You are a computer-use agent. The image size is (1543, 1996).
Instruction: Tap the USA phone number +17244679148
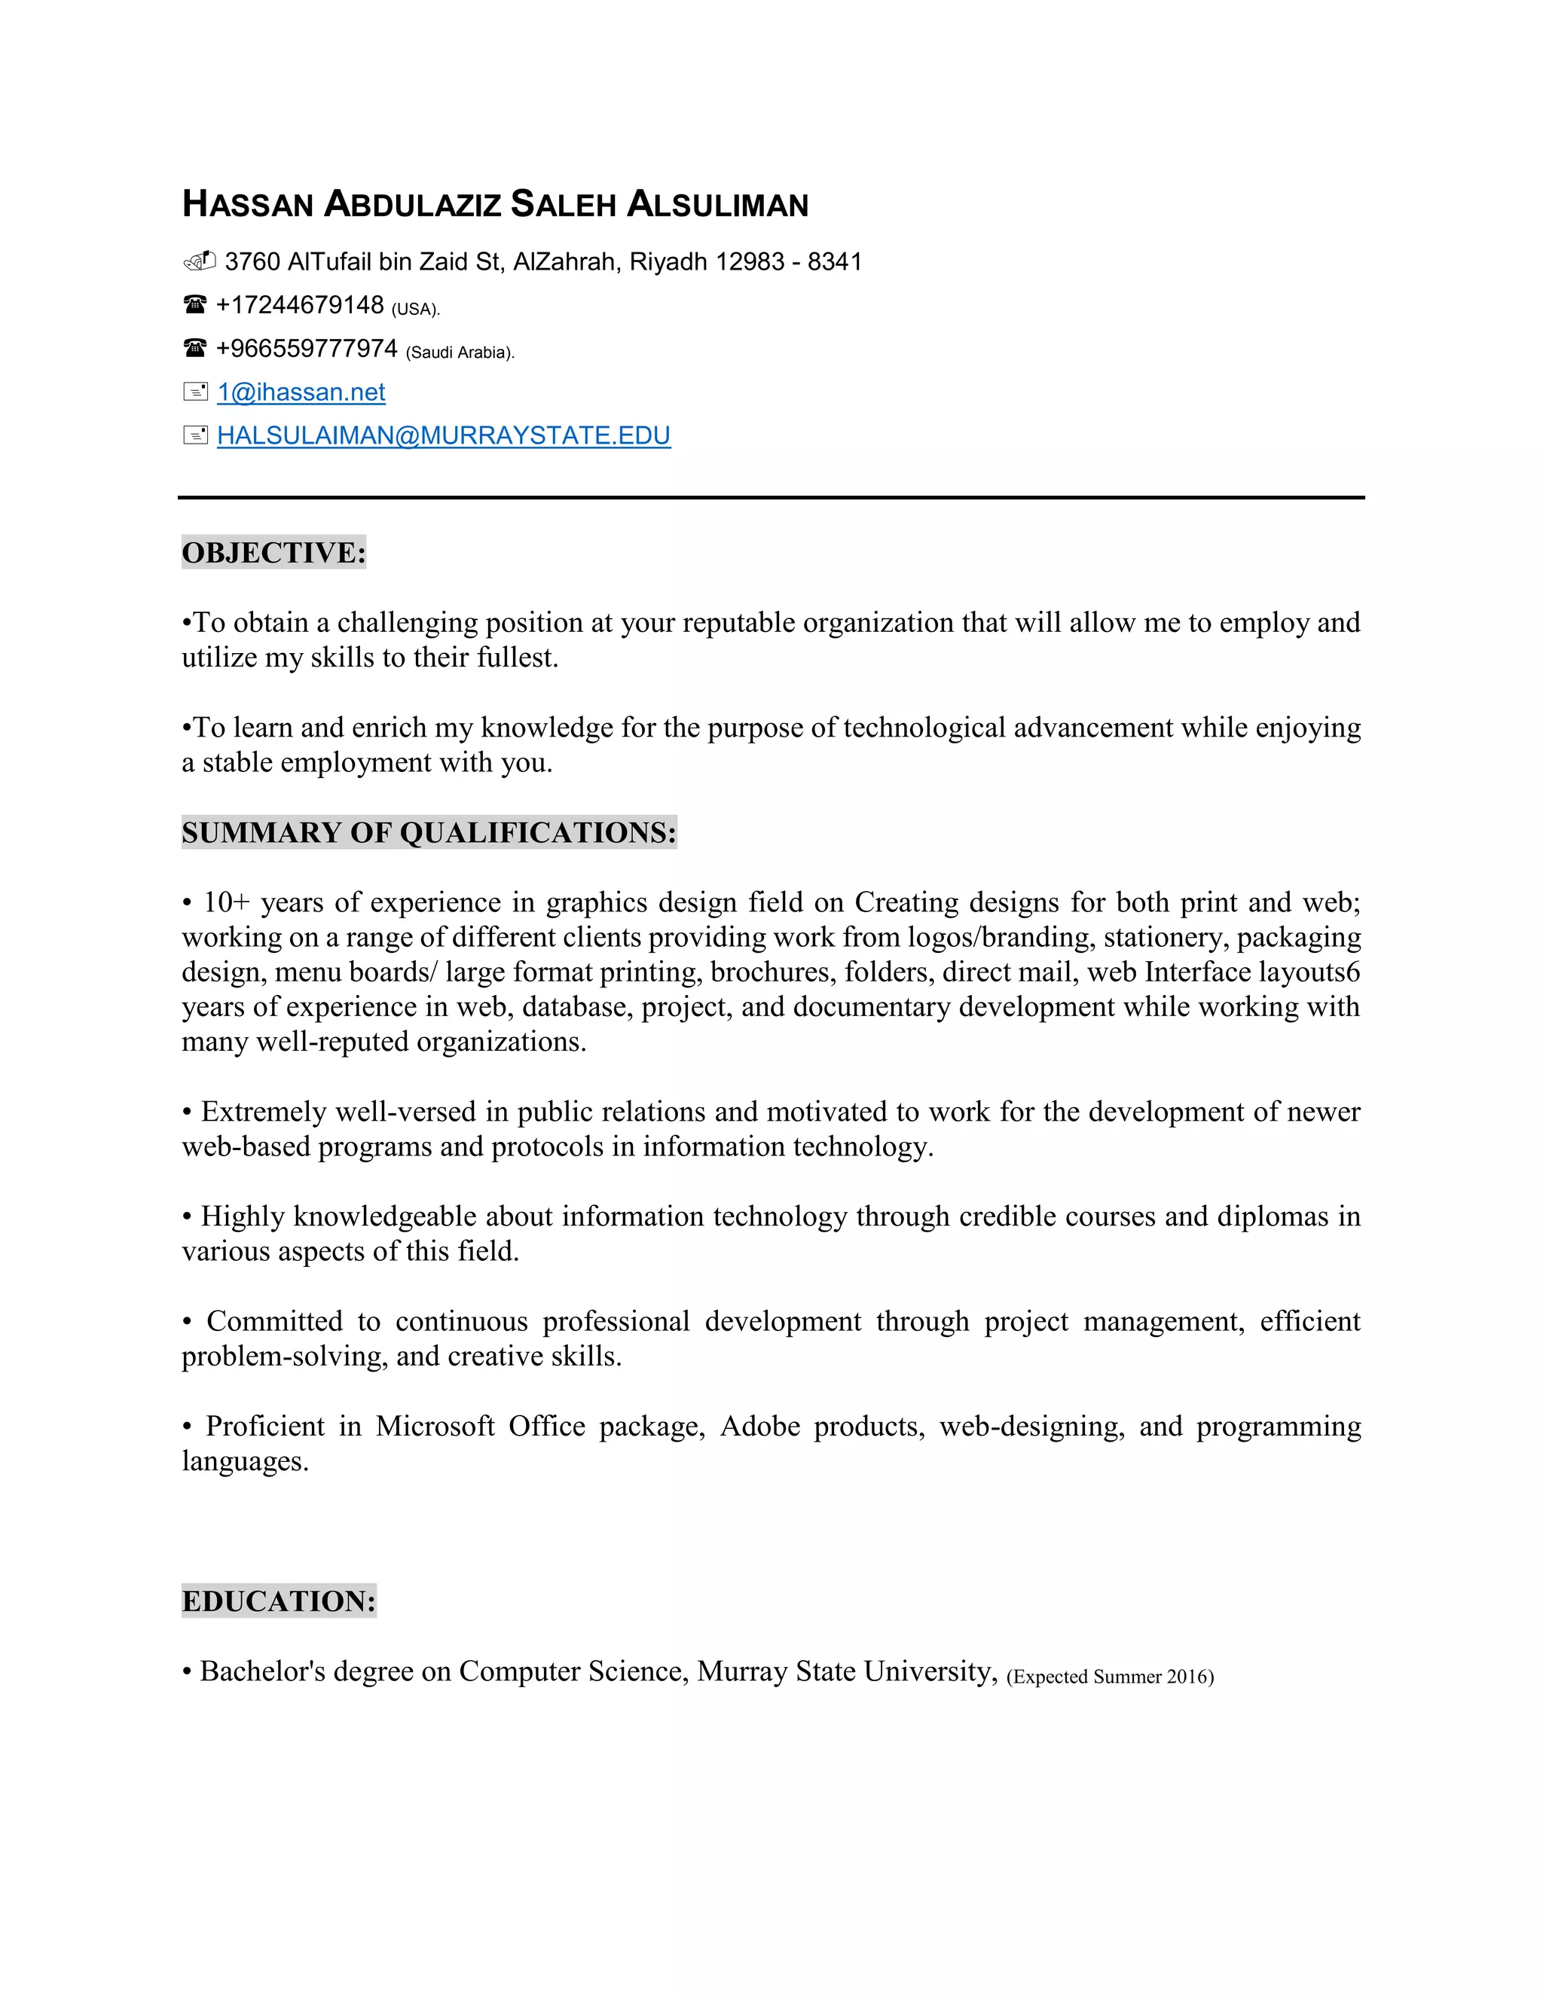[299, 305]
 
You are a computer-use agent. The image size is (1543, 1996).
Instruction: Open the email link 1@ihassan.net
[301, 392]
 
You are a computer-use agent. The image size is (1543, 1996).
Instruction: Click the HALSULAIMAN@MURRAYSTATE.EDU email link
[443, 436]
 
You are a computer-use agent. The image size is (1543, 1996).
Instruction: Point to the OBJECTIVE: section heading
[273, 553]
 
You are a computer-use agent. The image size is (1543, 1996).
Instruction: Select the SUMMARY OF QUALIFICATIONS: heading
[429, 832]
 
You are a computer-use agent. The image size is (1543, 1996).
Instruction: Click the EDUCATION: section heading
[279, 1601]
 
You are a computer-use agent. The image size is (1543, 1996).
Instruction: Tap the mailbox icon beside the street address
[198, 261]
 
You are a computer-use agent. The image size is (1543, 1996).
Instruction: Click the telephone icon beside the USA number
[194, 304]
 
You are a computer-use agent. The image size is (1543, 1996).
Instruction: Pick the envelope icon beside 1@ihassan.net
[194, 392]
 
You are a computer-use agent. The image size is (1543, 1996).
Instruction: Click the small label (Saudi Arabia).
[460, 353]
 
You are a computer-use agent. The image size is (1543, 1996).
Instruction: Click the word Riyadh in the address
[668, 262]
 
